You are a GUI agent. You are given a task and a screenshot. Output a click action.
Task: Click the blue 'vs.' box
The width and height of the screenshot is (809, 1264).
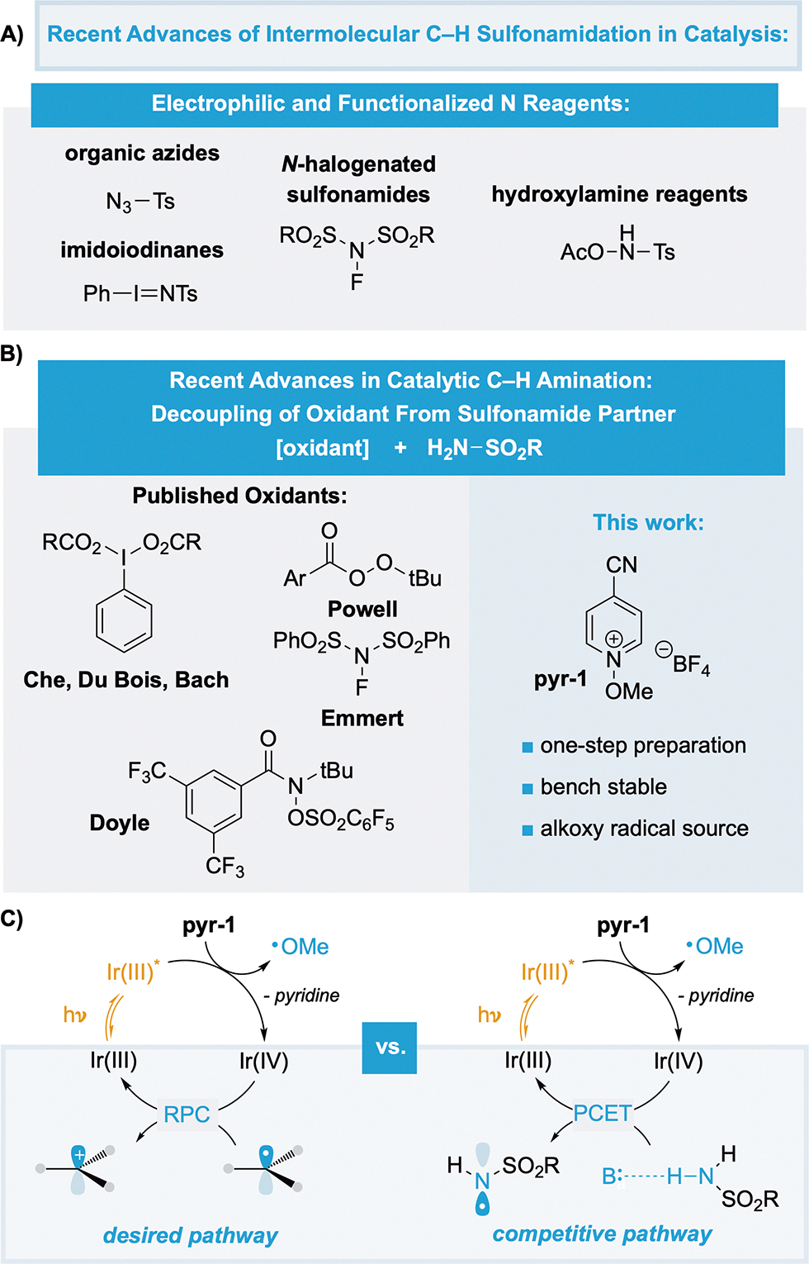point(390,1048)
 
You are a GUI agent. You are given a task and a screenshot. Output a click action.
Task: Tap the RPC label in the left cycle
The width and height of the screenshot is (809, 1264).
point(187,1114)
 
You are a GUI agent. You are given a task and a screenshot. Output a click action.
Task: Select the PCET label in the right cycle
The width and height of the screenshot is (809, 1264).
point(602,1114)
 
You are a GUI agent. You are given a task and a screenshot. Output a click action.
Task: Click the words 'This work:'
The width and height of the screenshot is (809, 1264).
point(648,522)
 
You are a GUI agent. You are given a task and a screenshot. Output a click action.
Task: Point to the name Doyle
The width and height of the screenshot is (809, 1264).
point(120,823)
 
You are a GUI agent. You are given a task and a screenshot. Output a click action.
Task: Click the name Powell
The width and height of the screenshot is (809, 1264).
point(362,609)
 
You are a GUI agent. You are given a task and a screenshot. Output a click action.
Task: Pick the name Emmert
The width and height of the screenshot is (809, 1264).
point(362,719)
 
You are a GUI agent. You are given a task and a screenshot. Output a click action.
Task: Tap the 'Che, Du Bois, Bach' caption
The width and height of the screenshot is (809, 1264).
point(126,680)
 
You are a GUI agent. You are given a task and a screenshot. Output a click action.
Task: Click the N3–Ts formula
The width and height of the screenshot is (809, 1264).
point(140,202)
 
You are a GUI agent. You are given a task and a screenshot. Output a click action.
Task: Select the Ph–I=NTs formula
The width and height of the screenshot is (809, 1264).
point(140,293)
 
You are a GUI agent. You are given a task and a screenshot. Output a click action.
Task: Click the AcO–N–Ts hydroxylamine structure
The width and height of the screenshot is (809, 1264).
point(617,248)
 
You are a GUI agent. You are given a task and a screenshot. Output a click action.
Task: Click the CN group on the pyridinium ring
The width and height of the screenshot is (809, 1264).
point(621,565)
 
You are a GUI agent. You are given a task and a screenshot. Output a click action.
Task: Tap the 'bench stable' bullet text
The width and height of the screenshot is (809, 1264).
point(603,786)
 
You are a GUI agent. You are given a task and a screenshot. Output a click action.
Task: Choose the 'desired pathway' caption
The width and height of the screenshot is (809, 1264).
point(190,1235)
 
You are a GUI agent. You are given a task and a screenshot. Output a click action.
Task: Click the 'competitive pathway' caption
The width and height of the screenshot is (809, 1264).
point(602,1233)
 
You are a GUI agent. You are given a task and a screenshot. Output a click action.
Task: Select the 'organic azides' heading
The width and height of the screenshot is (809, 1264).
point(142,154)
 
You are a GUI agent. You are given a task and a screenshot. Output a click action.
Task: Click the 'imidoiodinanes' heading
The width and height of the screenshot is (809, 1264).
point(142,250)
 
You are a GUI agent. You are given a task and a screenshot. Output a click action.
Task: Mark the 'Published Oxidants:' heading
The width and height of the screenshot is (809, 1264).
point(239,496)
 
